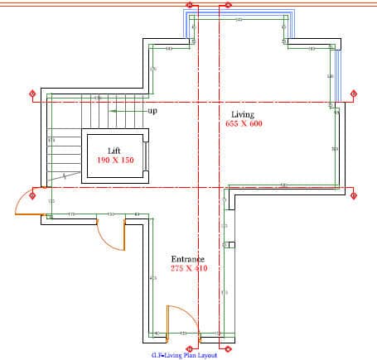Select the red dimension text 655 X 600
pos(243,123)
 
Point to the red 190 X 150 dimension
pos(115,160)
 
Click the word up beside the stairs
pos(152,110)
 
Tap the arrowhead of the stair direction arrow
pos(114,109)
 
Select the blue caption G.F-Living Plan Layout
pos(183,355)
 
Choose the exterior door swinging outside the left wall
pos(27,204)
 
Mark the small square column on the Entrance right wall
pos(232,245)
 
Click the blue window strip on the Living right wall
pos(337,74)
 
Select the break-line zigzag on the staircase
pos(62,175)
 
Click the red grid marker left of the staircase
pos(31,94)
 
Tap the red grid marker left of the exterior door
pos(33,196)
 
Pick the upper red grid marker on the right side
pos(353,93)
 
